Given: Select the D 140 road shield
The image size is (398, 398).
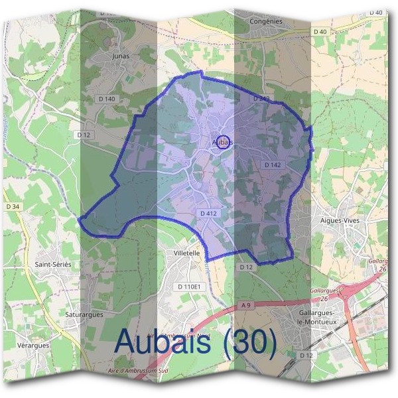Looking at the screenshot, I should click(106, 99).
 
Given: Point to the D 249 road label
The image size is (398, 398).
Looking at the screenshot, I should click(261, 98).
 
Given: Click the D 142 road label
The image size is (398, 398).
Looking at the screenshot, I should click(273, 165).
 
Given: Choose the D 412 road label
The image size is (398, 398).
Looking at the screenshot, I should click(208, 214).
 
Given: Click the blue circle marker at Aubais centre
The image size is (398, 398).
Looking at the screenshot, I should click(224, 142).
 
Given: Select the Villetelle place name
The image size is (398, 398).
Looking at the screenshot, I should click(186, 253).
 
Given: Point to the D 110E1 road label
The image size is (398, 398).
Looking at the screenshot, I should click(189, 286).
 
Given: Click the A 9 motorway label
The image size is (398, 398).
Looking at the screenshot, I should click(247, 304).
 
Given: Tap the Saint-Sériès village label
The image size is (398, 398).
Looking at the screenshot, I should click(52, 264).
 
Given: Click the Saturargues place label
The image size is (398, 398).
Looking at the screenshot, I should click(84, 314).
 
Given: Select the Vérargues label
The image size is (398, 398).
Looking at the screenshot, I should click(33, 346).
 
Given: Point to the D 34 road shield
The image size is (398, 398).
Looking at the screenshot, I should click(13, 207).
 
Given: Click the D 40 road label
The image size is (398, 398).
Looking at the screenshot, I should click(320, 32).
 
